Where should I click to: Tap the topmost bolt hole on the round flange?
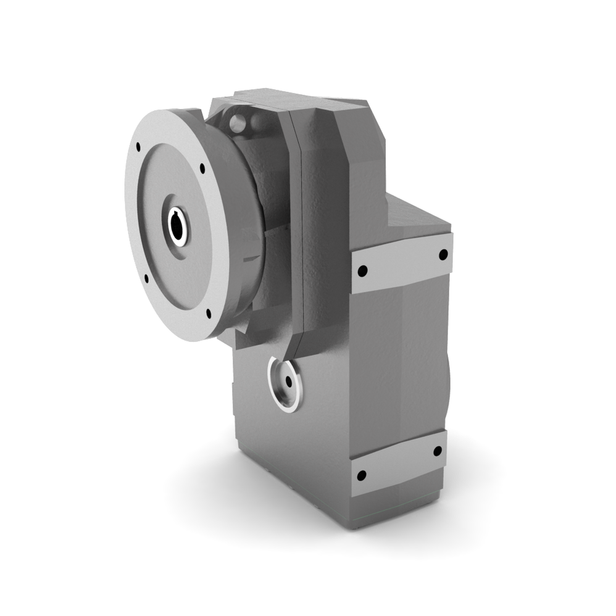coord(138,147)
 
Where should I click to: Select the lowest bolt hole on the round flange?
coord(209,314)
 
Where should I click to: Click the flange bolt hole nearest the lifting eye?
coord(202,167)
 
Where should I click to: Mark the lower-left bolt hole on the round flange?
coord(146,278)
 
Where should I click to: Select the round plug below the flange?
coord(285,383)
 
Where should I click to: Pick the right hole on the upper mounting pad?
coord(443,254)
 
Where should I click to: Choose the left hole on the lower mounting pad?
coord(362,475)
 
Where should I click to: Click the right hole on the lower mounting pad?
coord(437,451)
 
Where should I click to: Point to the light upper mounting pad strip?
coord(401,263)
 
